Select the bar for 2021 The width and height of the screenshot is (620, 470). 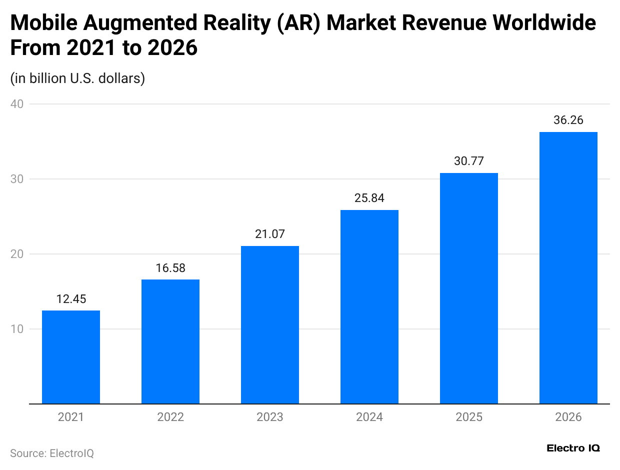(x=71, y=357)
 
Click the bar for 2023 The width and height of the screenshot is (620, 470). (x=270, y=324)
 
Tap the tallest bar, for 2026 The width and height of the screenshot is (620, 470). (x=568, y=267)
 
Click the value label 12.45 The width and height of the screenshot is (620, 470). (x=71, y=299)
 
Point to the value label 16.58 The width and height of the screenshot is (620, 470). (x=170, y=268)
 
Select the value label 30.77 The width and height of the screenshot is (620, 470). (x=469, y=161)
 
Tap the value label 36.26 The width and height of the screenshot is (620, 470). (x=568, y=120)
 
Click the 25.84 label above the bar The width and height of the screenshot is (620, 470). (x=369, y=198)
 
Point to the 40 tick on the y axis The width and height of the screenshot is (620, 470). (x=19, y=104)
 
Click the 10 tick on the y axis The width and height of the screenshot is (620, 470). (x=19, y=329)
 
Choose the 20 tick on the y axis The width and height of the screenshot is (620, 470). (x=19, y=254)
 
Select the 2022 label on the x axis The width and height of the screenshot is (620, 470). (x=170, y=417)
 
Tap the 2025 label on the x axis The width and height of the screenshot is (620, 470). (x=469, y=417)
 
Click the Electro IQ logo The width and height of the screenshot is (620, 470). (x=573, y=448)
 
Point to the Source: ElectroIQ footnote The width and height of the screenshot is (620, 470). (x=52, y=453)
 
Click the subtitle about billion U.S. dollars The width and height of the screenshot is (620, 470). (x=77, y=78)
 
